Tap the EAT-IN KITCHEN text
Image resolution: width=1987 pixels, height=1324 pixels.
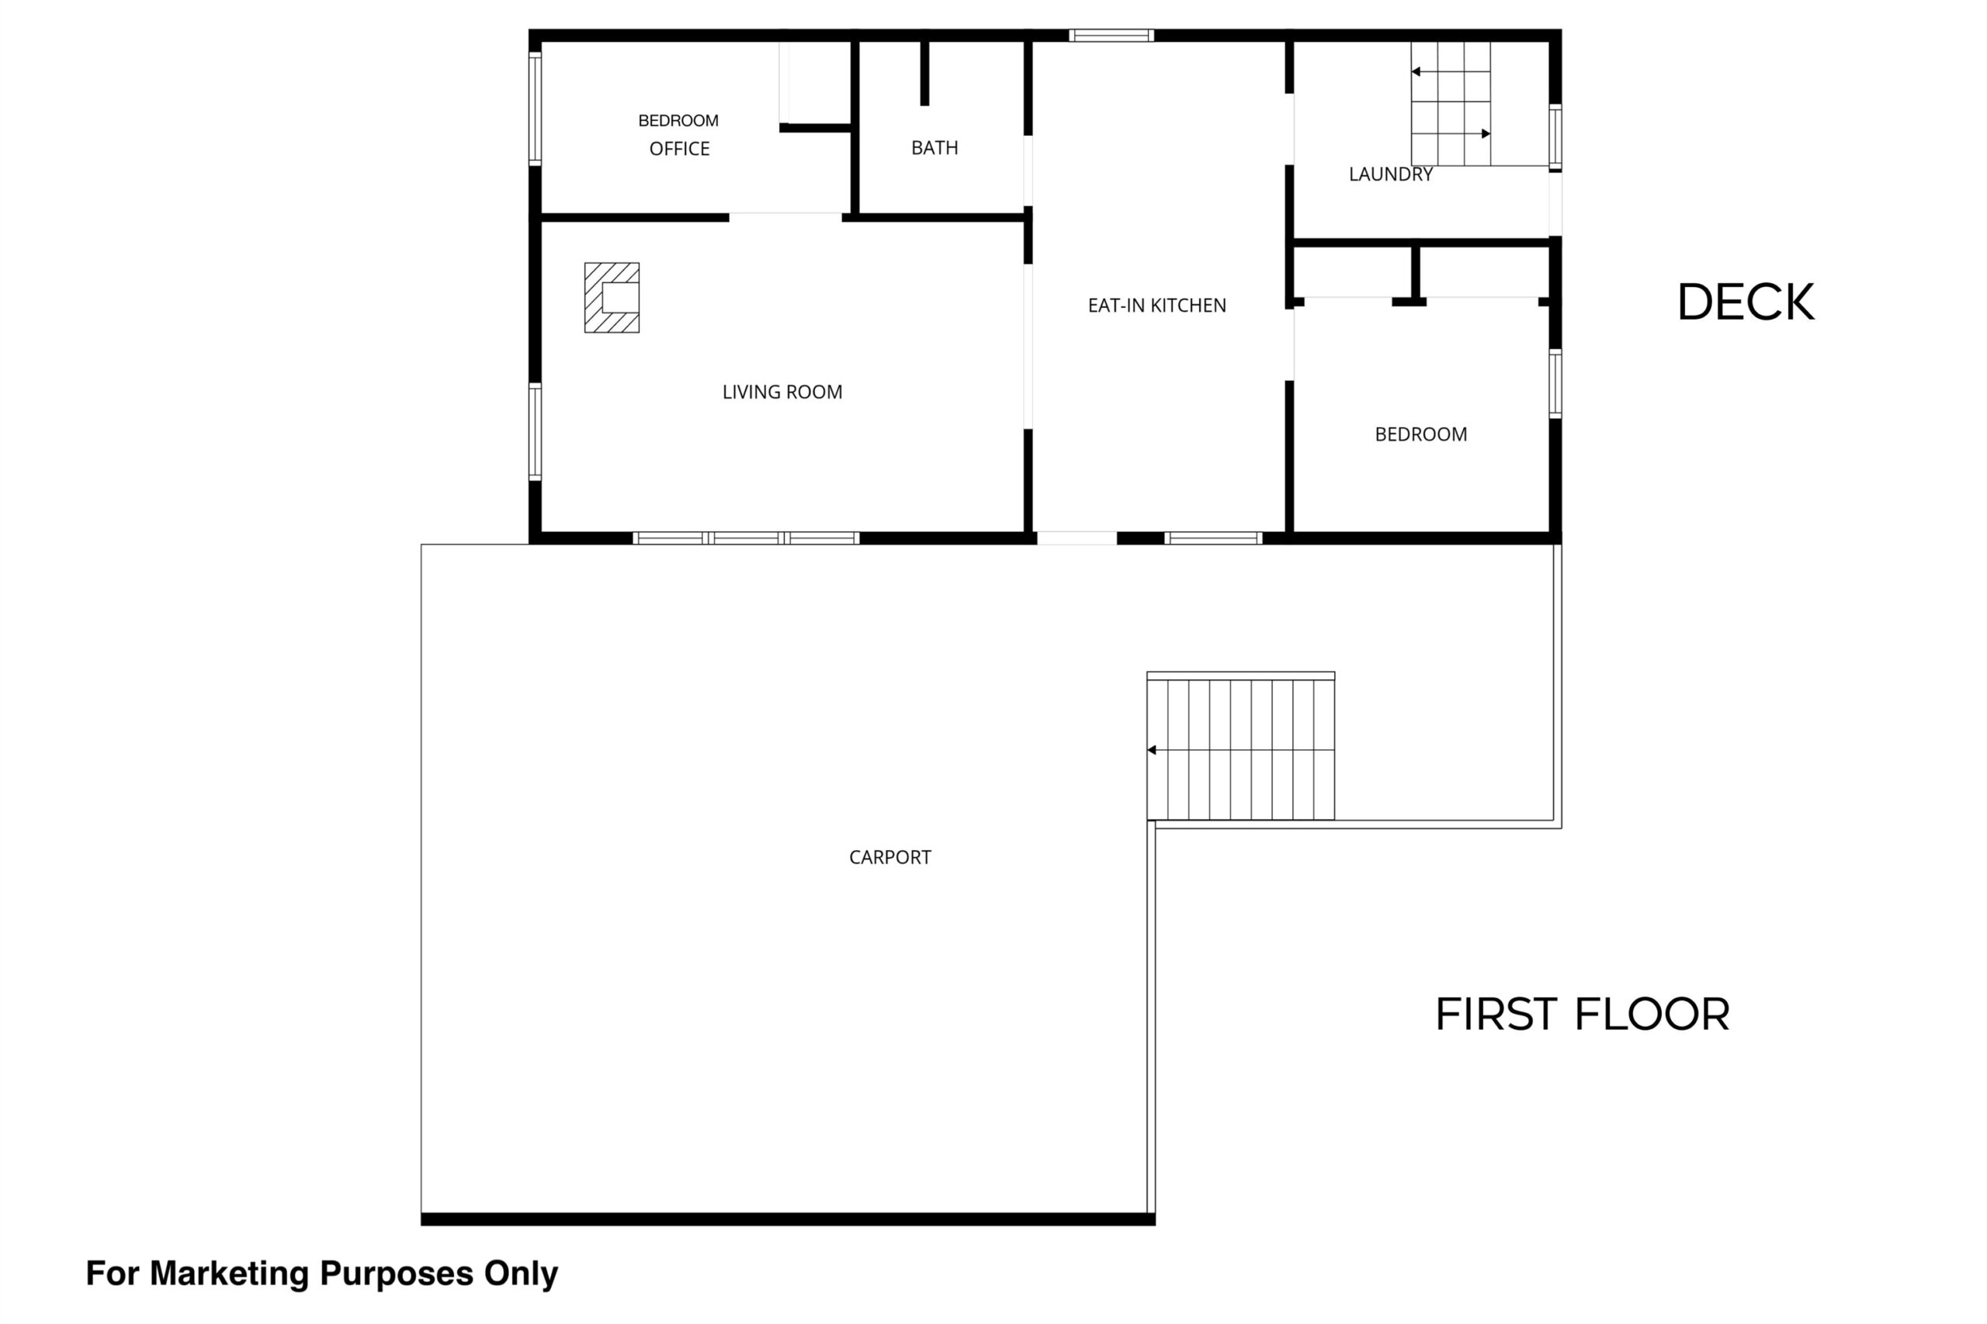(1156, 306)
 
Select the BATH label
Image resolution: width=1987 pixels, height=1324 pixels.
(935, 148)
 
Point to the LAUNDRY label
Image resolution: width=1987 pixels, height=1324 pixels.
(1391, 174)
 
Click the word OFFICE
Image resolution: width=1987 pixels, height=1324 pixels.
(679, 149)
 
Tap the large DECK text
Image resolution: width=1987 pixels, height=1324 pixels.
(1746, 302)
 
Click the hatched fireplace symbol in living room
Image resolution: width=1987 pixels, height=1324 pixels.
(612, 297)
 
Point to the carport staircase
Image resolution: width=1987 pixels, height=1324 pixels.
(1240, 746)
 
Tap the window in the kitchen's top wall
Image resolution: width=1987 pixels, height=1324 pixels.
(1111, 36)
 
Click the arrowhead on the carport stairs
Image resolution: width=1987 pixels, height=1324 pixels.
(1152, 750)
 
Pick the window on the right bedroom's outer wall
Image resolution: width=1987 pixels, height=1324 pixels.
(1555, 383)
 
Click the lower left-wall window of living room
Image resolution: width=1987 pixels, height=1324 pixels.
(535, 432)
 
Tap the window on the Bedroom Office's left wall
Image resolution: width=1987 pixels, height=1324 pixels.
(535, 108)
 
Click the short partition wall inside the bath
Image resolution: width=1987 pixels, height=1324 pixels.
(924, 73)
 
